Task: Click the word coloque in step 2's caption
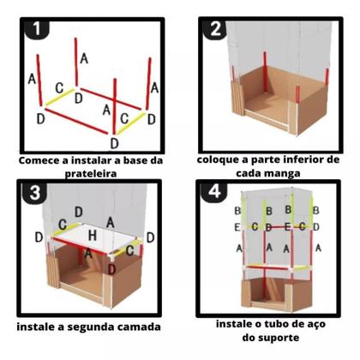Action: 221,160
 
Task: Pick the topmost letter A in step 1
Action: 83,58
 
